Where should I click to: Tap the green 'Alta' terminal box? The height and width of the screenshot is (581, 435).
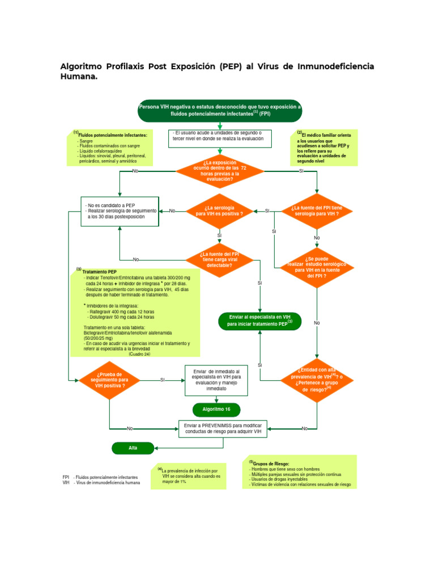(133, 448)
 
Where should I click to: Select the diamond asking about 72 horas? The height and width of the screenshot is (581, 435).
(220, 170)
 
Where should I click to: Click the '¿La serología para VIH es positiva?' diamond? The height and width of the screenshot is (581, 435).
(219, 210)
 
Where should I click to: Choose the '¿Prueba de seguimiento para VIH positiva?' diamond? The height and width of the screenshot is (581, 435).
(110, 380)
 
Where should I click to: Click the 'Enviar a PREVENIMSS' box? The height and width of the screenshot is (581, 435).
(225, 428)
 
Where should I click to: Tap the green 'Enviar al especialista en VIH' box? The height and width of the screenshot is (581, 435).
(260, 321)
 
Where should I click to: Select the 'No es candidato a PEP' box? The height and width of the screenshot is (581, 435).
(120, 211)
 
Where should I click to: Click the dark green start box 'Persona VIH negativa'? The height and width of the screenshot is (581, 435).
(220, 110)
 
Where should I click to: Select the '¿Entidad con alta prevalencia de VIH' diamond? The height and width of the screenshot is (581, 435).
(317, 380)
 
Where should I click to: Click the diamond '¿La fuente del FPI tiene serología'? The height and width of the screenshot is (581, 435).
(317, 210)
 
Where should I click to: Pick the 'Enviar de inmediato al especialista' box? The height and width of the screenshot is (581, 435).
(216, 380)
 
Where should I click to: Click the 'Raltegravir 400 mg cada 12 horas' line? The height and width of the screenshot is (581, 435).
(121, 311)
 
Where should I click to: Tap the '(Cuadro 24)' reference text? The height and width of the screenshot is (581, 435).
(139, 353)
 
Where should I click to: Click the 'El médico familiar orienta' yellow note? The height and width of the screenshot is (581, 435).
(325, 148)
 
